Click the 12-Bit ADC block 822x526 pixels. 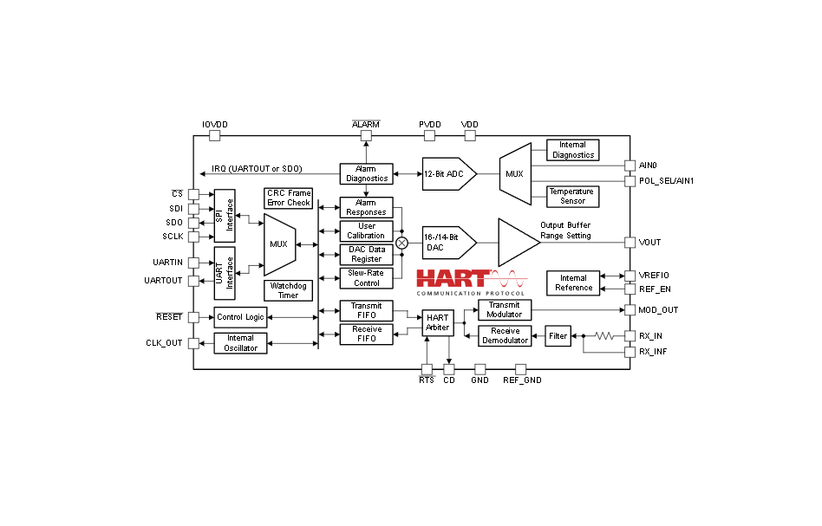click(449, 174)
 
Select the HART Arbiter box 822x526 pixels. click(438, 322)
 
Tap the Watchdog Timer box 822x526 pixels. click(289, 291)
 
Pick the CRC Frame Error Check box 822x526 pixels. click(289, 198)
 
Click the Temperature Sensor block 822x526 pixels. click(572, 197)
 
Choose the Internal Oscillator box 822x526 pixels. click(241, 343)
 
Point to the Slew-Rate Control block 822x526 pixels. click(367, 278)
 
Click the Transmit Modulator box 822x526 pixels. click(505, 309)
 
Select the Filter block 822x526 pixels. click(558, 336)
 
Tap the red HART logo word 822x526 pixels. click(453, 279)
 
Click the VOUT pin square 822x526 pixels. click(630, 243)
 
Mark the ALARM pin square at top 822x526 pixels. click(367, 136)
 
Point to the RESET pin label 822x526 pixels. click(169, 317)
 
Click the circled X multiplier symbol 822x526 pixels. click(402, 244)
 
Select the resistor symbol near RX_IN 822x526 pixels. click(604, 336)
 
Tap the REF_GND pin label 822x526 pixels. click(522, 380)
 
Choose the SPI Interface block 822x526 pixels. click(225, 216)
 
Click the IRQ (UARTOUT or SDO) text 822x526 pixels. click(257, 169)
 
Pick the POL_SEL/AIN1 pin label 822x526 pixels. click(666, 181)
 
